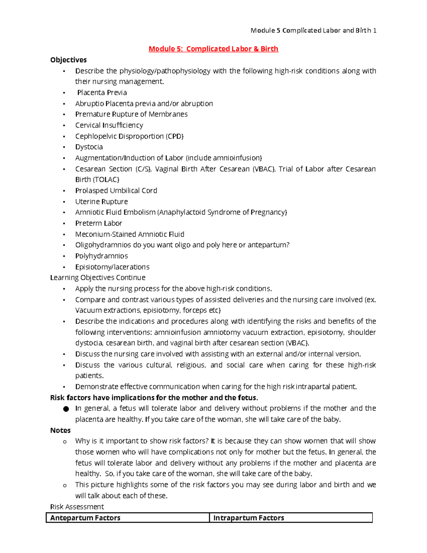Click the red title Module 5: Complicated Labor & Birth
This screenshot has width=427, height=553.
[x=213, y=49]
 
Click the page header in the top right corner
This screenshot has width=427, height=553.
[x=313, y=30]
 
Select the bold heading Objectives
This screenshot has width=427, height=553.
[x=68, y=60]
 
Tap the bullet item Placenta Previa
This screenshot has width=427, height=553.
[x=102, y=93]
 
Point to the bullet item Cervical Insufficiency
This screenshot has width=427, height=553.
[x=109, y=125]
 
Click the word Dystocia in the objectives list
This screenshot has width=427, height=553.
[x=89, y=147]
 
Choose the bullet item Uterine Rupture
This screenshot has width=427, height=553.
[x=101, y=202]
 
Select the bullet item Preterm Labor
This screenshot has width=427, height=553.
[x=99, y=223]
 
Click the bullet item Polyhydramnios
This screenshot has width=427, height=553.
[x=101, y=256]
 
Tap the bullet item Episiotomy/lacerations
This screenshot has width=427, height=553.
[x=112, y=267]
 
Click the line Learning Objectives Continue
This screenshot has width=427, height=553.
[x=98, y=278]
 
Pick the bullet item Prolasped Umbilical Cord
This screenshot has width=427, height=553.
[x=116, y=191]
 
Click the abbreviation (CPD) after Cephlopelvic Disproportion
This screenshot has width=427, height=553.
[x=174, y=136]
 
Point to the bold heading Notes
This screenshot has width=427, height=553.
[x=60, y=431]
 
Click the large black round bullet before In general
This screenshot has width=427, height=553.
[x=66, y=409]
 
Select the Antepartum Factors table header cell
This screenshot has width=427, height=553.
[x=85, y=518]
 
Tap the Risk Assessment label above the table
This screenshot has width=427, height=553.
[x=77, y=507]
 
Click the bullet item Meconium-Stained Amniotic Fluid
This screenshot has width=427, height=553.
[x=130, y=234]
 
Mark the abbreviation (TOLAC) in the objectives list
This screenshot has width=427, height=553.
[x=106, y=179]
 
